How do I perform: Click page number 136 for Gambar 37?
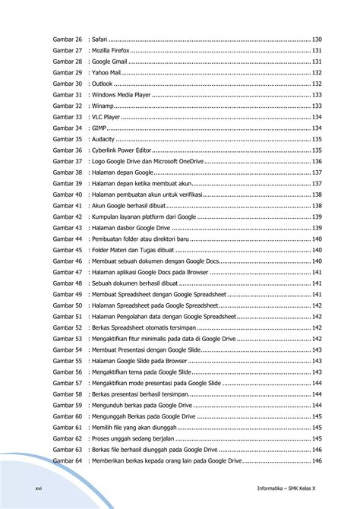(x=317, y=162)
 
